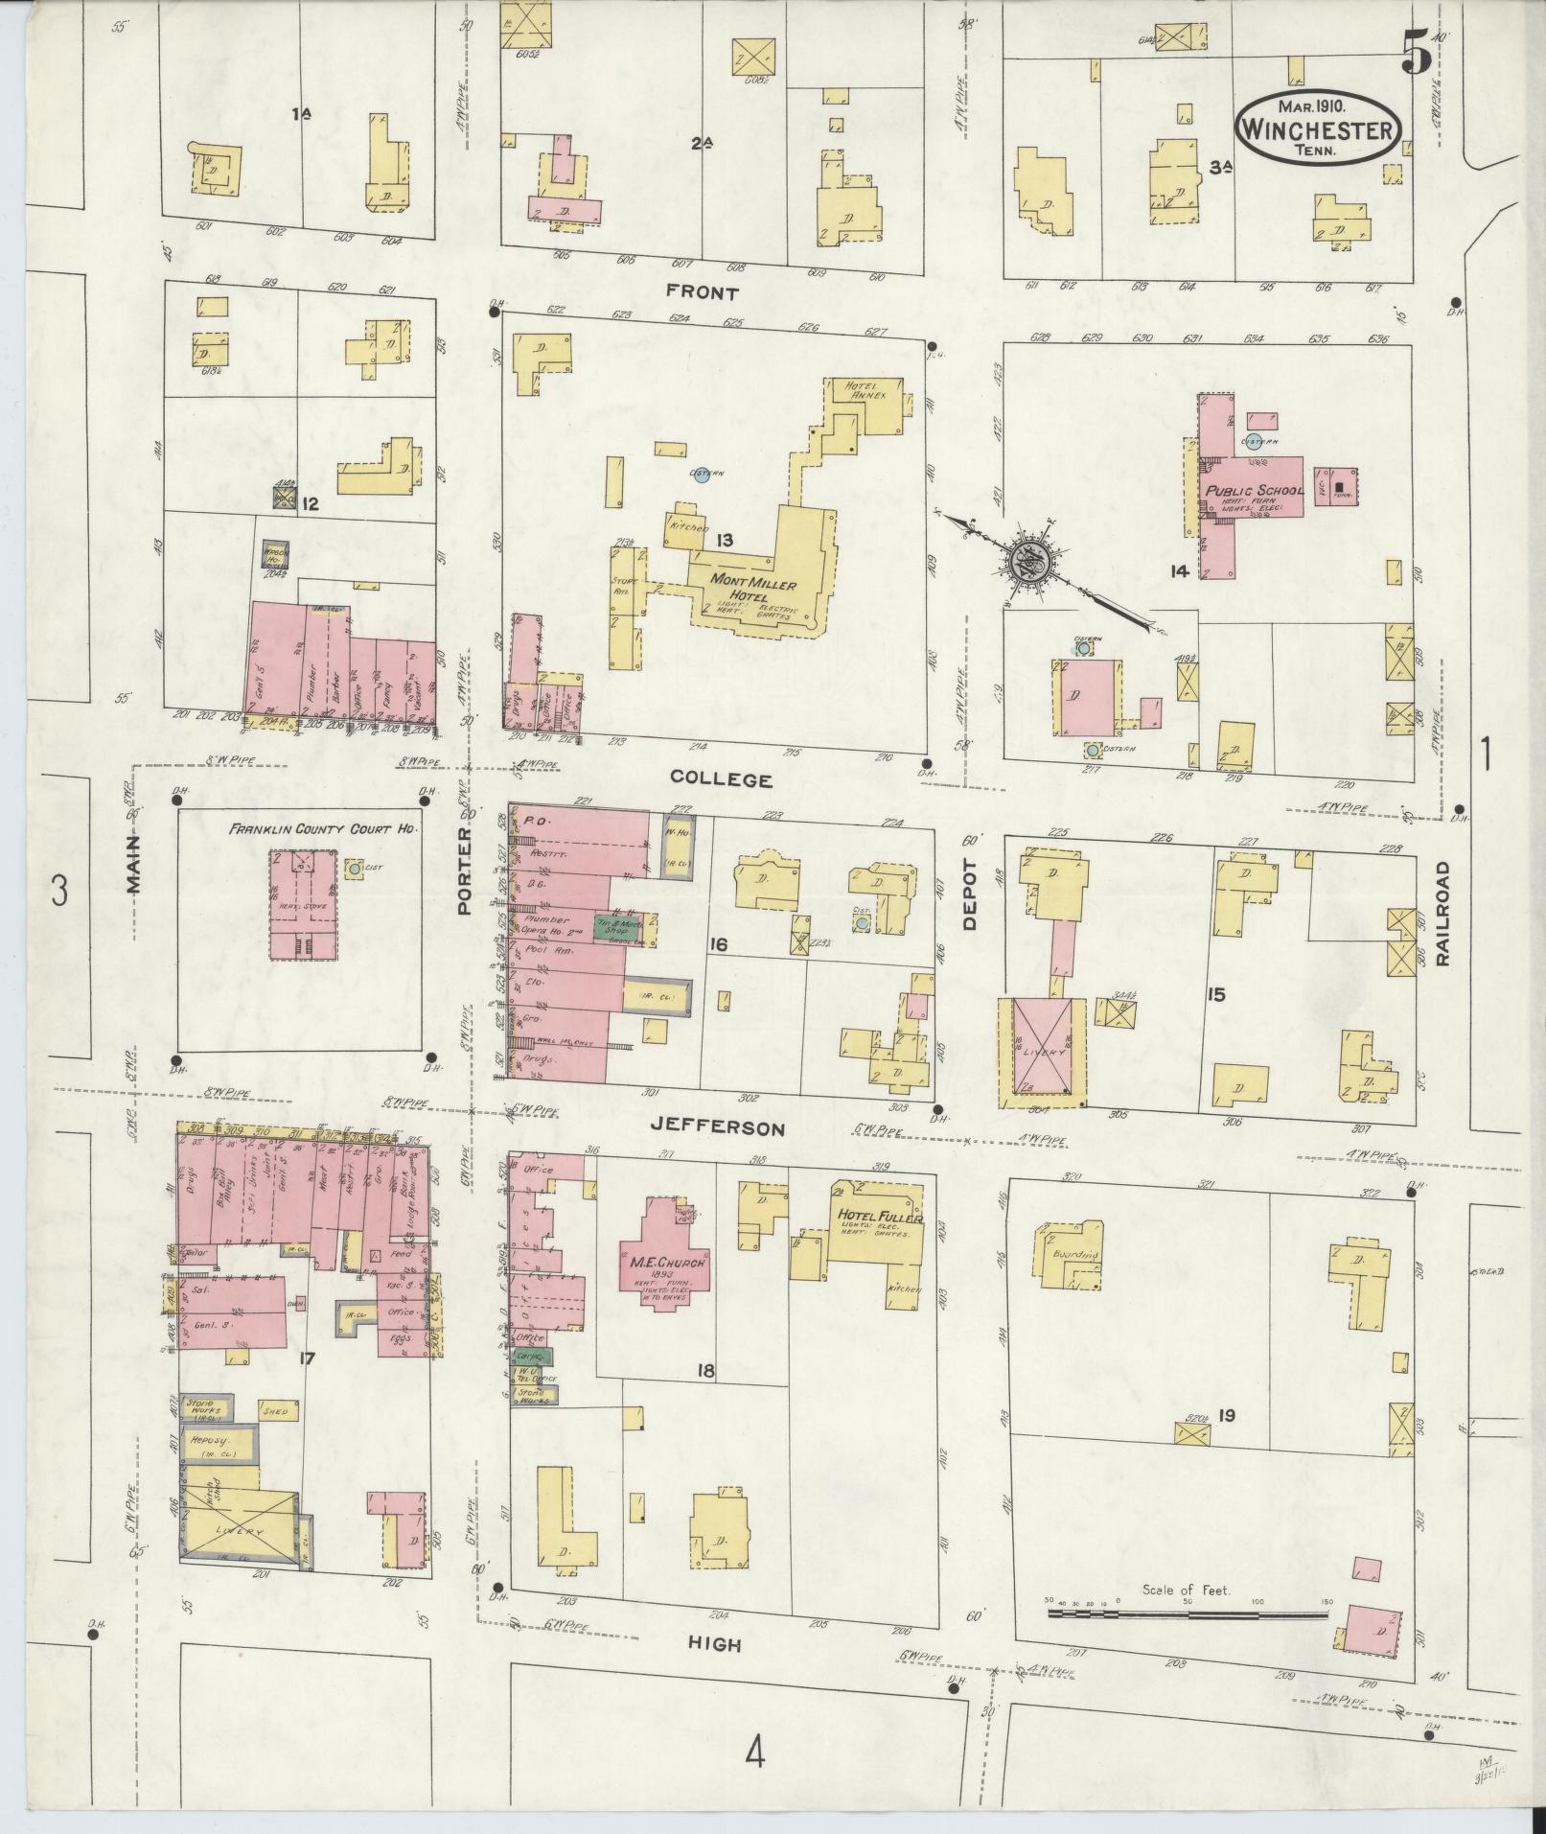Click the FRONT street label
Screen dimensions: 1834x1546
click(704, 293)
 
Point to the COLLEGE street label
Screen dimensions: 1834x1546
click(721, 779)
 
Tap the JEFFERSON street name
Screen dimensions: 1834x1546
click(718, 1129)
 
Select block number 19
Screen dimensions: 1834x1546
click(1225, 1415)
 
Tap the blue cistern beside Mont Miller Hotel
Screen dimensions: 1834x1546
click(702, 476)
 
